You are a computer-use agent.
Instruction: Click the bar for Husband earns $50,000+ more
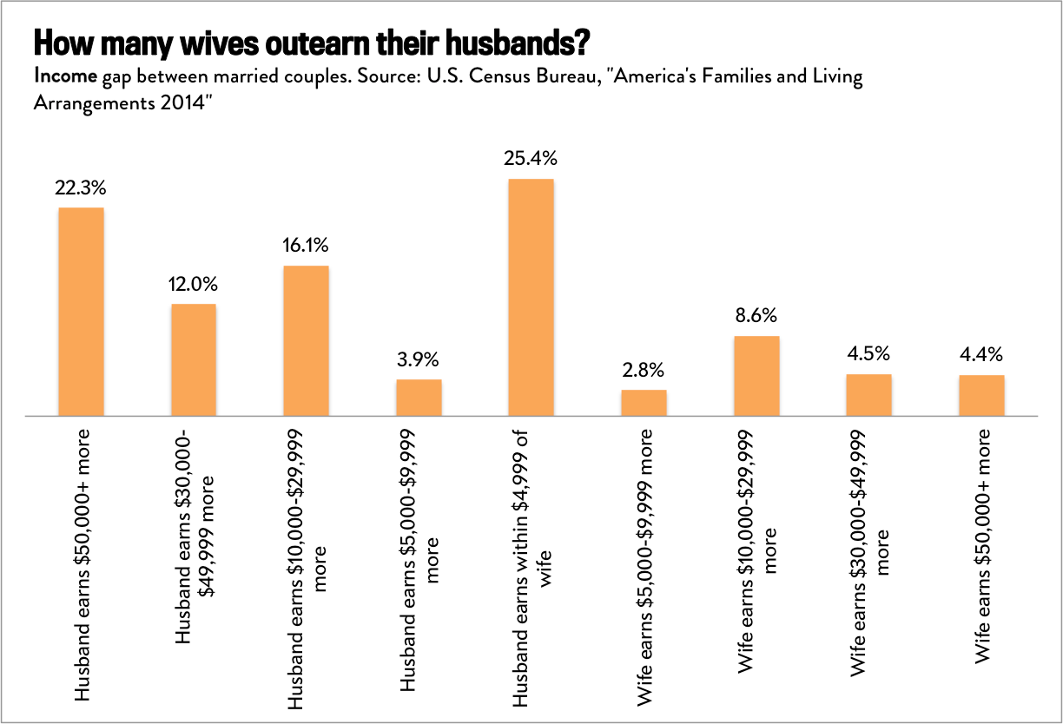pos(81,312)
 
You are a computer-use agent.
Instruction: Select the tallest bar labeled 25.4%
pos(531,297)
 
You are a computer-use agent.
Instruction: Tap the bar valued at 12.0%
pos(194,359)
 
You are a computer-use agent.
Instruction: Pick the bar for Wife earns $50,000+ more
pos(981,395)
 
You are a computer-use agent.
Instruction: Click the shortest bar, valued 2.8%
pos(644,403)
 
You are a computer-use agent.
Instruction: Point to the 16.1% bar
pos(306,340)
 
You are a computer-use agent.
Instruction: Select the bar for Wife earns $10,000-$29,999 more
pos(756,376)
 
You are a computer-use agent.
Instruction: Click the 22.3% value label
pos(81,188)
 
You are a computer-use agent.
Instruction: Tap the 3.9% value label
pos(419,359)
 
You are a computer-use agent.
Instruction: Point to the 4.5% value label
pos(869,354)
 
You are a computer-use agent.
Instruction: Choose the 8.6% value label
pos(756,316)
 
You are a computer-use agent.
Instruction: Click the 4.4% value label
pos(981,354)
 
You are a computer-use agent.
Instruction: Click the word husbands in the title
pos(506,42)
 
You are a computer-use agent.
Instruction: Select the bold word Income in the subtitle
pos(64,76)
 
